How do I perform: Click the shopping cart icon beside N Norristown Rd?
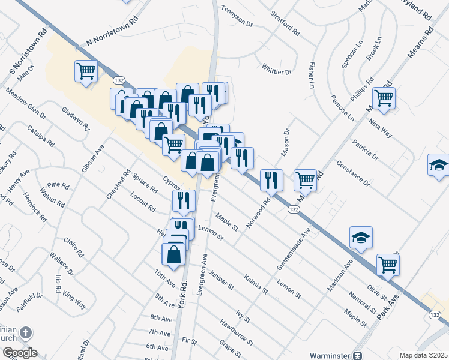click(86, 71)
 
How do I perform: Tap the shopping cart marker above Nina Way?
click(384, 98)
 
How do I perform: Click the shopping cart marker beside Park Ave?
click(388, 264)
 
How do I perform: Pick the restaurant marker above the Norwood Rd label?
click(271, 180)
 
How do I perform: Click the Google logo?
click(19, 353)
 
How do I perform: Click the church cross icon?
click(25, 332)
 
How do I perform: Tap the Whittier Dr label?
click(276, 69)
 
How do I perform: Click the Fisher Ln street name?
click(312, 74)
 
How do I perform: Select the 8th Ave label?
click(161, 318)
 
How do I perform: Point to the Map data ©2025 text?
click(423, 355)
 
